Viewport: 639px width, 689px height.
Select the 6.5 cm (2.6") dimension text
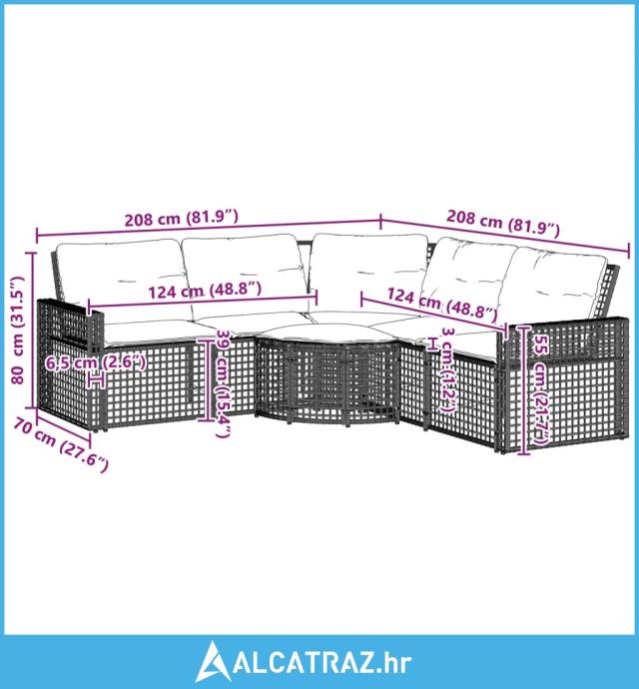pos(95,361)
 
